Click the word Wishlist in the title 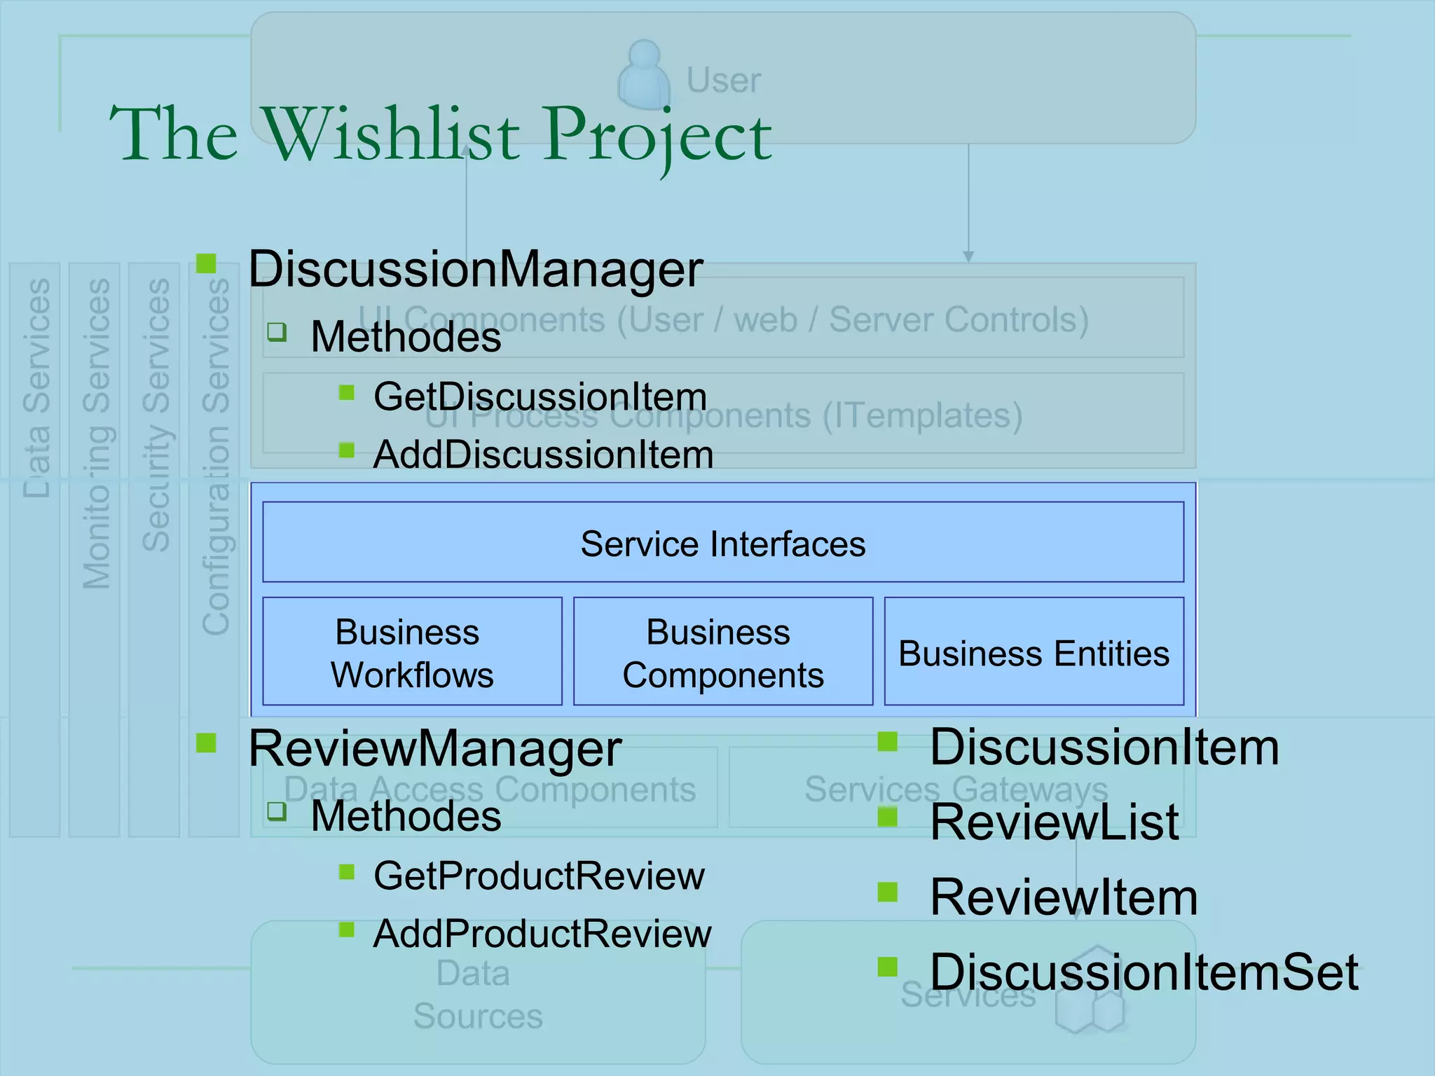coord(390,134)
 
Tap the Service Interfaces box coord(722,544)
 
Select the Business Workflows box coord(412,652)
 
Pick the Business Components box coord(722,652)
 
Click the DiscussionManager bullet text coord(475,269)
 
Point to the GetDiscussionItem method coord(540,396)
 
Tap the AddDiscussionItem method coord(543,455)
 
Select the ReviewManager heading coord(434,748)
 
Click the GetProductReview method coord(539,876)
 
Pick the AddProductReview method coord(542,934)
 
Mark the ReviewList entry coord(1055,822)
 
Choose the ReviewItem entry coord(1064,897)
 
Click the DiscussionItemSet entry coord(1144,972)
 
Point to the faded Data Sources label coord(477,995)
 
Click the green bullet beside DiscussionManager coord(206,263)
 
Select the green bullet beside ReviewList coord(888,817)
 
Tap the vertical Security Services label coord(156,415)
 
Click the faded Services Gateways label coord(956,789)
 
